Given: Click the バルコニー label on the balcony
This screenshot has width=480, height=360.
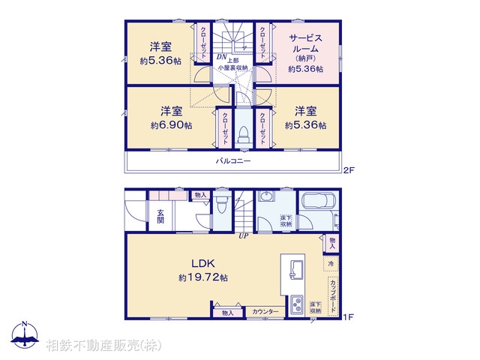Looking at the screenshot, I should [x=233, y=161].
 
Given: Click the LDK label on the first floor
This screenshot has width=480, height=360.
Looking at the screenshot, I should [x=202, y=263].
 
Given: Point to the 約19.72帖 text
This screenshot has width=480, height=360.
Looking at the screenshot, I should [x=203, y=277].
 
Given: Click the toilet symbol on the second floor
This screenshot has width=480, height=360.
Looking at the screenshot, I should [x=243, y=133].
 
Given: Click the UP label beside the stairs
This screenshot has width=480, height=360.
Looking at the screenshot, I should [x=243, y=236].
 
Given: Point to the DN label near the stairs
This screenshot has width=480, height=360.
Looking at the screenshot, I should [x=222, y=56].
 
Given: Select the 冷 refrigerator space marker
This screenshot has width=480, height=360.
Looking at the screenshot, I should [x=331, y=264].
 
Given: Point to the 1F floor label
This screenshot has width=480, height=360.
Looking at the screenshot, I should [x=347, y=318].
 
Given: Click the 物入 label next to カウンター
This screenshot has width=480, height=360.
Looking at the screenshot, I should [x=227, y=312].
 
